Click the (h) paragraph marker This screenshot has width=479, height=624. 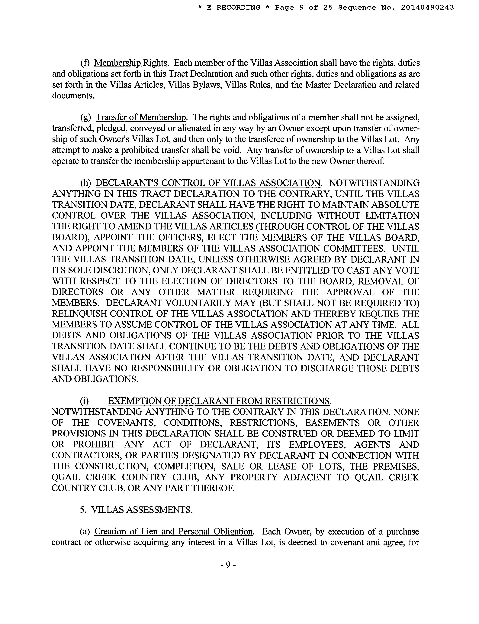click(86, 183)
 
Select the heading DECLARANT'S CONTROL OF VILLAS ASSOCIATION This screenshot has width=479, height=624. click(208, 183)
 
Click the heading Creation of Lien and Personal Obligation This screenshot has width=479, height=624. click(173, 531)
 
